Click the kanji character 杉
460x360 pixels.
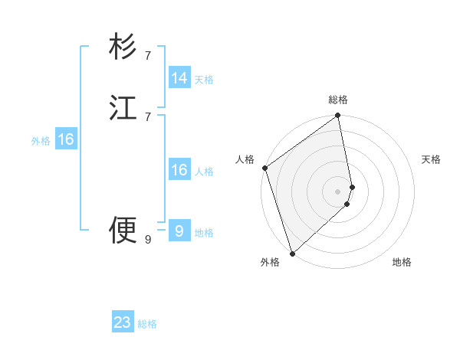click(123, 47)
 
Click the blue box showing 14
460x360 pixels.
click(179, 78)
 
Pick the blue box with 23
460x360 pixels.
click(123, 322)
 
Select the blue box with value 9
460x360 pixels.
click(179, 231)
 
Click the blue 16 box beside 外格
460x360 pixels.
click(66, 139)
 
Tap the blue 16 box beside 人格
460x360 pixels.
click(179, 170)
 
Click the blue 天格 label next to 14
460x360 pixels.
click(204, 80)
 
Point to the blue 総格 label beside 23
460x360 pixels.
click(147, 324)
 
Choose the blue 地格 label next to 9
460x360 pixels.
click(204, 233)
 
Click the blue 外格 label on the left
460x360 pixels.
click(41, 141)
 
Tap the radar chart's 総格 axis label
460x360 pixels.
click(338, 100)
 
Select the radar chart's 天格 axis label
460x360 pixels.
click(431, 159)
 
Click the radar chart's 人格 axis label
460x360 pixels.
click(245, 159)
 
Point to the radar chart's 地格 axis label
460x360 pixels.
click(402, 262)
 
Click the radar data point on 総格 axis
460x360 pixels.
click(338, 116)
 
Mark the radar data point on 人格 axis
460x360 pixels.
click(264, 168)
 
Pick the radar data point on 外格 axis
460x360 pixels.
click(292, 253)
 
